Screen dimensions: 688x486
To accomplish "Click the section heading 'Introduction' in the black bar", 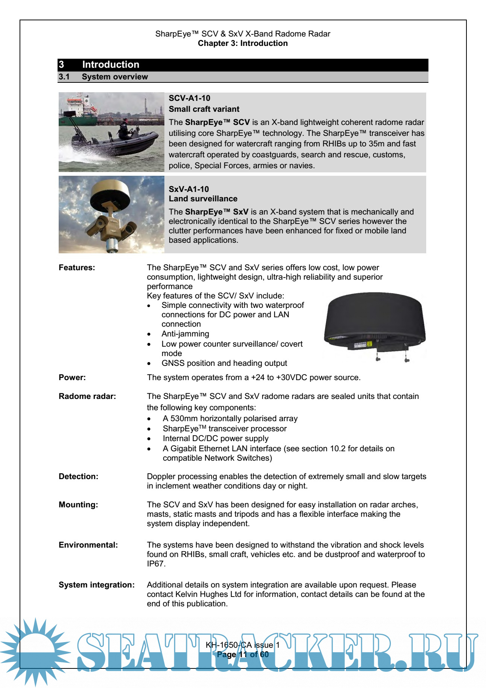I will coord(111,65).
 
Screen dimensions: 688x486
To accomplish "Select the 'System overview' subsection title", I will coord(115,77).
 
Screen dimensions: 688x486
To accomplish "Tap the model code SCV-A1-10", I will coord(189,98).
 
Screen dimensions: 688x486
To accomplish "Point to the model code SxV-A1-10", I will coord(188,189).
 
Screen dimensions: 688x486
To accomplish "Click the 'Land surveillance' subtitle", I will coord(203,199).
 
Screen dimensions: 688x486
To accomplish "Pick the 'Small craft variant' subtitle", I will coord(204,109).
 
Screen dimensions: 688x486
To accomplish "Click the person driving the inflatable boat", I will coord(123,130).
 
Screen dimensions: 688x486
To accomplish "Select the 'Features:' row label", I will coord(77,268).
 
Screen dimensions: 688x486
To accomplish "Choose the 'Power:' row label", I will coord(72,377).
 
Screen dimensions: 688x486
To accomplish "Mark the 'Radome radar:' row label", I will coord(87,396).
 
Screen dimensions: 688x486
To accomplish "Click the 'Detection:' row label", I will coord(78,476).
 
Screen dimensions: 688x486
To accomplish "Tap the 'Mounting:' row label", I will coord(78,505).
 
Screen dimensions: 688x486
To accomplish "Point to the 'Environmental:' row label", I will coord(88,545).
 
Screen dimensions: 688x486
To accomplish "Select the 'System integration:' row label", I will coord(96,585).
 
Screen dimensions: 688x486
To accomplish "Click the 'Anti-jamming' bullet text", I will coord(185,334).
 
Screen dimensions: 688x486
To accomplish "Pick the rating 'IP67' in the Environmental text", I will coord(155,564).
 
